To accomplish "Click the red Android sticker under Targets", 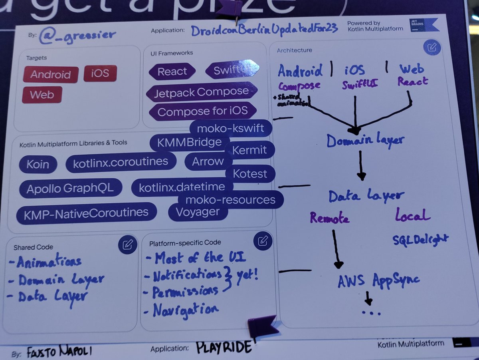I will [x=51, y=74].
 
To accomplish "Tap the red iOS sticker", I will [x=100, y=73].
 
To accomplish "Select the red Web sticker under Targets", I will [x=42, y=95].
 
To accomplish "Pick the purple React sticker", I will [x=172, y=72].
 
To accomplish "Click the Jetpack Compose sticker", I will [x=202, y=92].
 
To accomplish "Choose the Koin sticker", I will [x=38, y=164].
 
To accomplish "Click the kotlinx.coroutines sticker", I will [x=121, y=162].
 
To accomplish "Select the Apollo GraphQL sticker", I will [x=70, y=189].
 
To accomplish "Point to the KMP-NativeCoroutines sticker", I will [x=86, y=213].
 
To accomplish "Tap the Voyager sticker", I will [x=198, y=212].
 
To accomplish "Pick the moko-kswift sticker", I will [x=231, y=129].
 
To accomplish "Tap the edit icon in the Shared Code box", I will [x=128, y=245].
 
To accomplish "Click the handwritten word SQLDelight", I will [x=420, y=239].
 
